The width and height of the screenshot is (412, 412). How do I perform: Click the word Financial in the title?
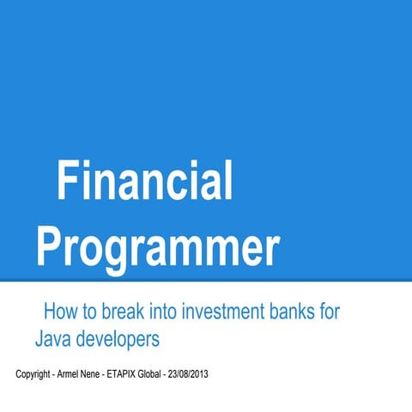pos(145,182)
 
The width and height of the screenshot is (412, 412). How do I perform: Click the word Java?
pos(52,339)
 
